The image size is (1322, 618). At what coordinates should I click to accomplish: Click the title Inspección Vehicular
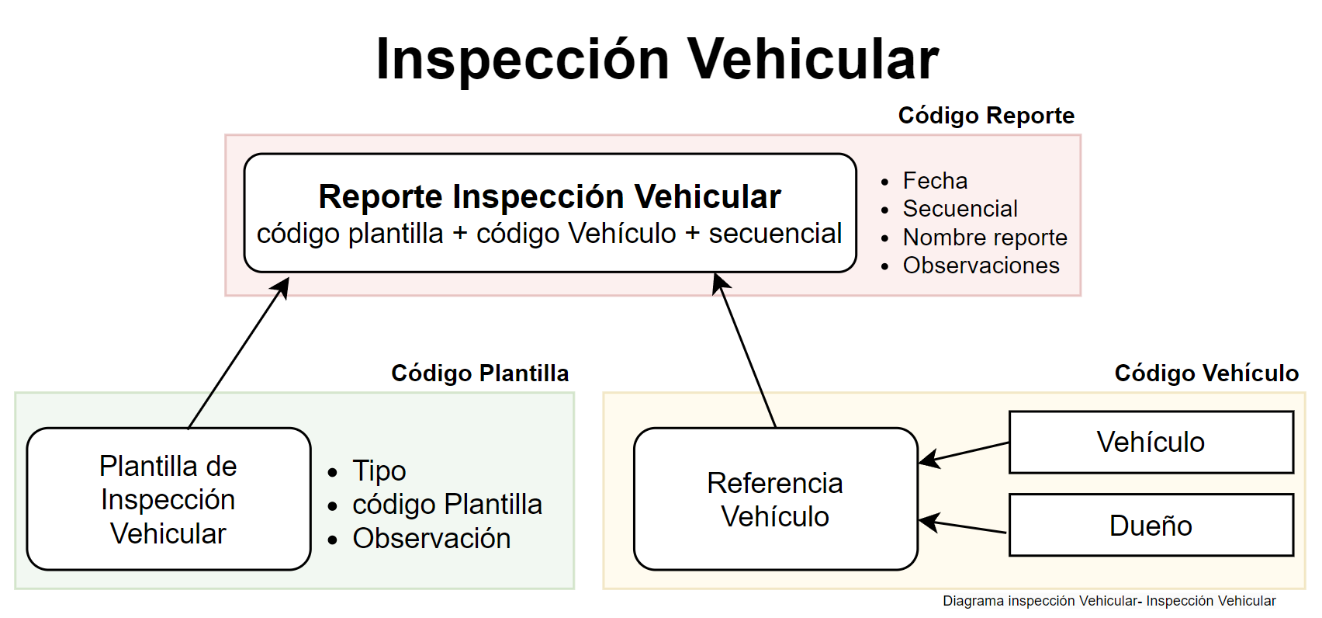pyautogui.click(x=657, y=60)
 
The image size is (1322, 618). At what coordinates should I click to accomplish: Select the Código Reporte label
pyautogui.click(x=986, y=116)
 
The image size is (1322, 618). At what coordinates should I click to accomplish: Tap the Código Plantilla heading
pyautogui.click(x=479, y=373)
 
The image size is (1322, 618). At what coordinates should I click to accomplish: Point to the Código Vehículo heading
pyautogui.click(x=1206, y=373)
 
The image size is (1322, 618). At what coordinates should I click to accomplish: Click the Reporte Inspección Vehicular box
pyautogui.click(x=549, y=213)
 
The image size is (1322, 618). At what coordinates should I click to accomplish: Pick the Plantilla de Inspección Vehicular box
pyautogui.click(x=168, y=499)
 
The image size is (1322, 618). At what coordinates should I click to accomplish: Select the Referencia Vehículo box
pyautogui.click(x=775, y=499)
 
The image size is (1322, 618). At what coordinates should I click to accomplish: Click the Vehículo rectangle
pyautogui.click(x=1151, y=443)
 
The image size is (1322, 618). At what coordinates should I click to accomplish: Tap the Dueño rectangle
pyautogui.click(x=1151, y=526)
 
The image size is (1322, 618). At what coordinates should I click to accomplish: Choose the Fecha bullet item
pyautogui.click(x=935, y=181)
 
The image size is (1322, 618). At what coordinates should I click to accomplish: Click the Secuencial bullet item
pyautogui.click(x=960, y=209)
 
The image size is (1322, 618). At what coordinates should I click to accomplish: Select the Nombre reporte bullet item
pyautogui.click(x=985, y=238)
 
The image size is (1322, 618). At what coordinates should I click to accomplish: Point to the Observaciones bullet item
pyautogui.click(x=981, y=266)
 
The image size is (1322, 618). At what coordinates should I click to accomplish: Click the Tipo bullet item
pyautogui.click(x=379, y=470)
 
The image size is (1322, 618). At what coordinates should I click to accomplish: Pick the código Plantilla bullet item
pyautogui.click(x=447, y=505)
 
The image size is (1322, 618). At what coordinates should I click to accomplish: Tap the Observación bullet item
pyautogui.click(x=431, y=539)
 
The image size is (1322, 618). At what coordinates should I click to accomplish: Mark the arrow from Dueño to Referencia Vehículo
pyautogui.click(x=963, y=526)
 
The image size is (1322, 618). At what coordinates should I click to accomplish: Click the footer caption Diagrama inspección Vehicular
pyautogui.click(x=1109, y=601)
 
